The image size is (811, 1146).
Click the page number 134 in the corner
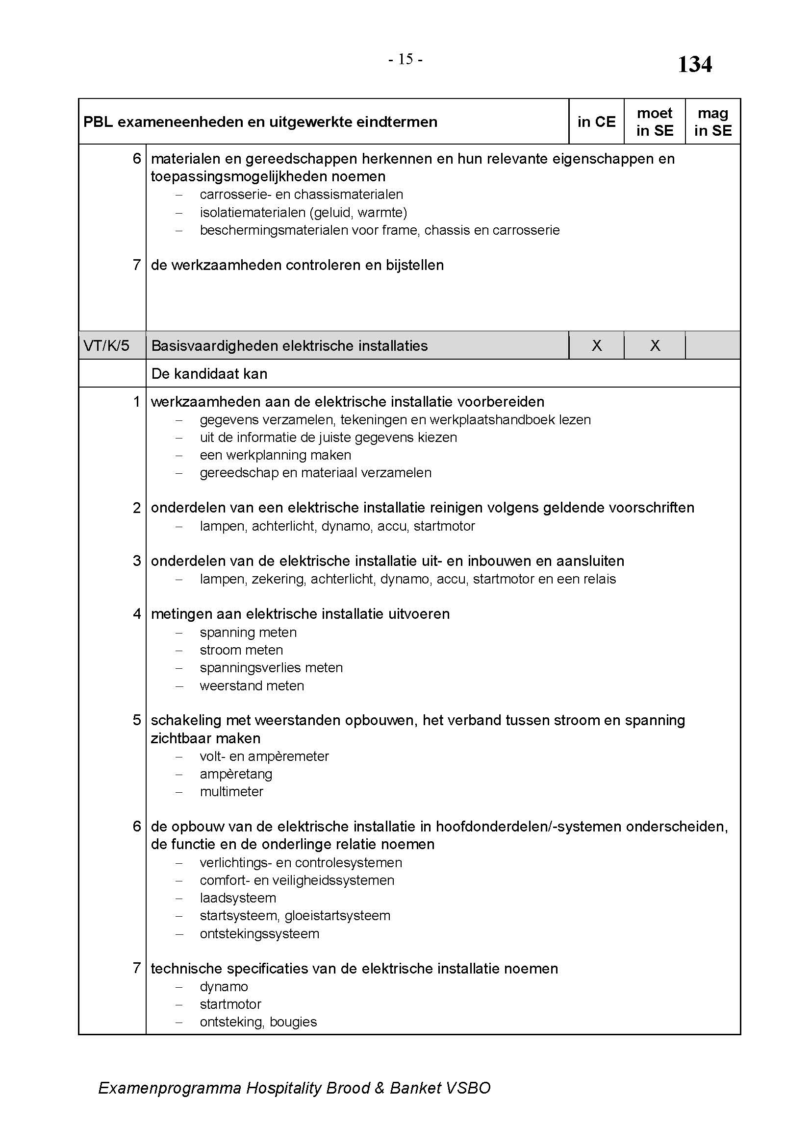694,64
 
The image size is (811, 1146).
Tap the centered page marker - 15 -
405,60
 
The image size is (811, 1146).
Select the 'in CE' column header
596,122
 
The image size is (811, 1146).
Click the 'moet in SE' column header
654,122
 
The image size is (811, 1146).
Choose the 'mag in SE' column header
712,122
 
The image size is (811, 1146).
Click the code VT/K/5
106,345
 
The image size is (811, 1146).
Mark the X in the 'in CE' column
596,345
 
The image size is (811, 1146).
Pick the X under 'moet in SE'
655,345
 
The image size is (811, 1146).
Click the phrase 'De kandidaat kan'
209,374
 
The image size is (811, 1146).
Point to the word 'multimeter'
231,792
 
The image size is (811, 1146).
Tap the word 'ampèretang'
236,774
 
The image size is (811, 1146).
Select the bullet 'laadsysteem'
238,898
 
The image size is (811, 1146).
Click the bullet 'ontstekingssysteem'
259,933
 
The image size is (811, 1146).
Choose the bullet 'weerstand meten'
252,686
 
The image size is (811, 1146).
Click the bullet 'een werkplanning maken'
275,455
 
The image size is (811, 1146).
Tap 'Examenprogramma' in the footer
169,1088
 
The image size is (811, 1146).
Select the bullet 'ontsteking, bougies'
258,1022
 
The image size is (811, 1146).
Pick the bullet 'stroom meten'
241,650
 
